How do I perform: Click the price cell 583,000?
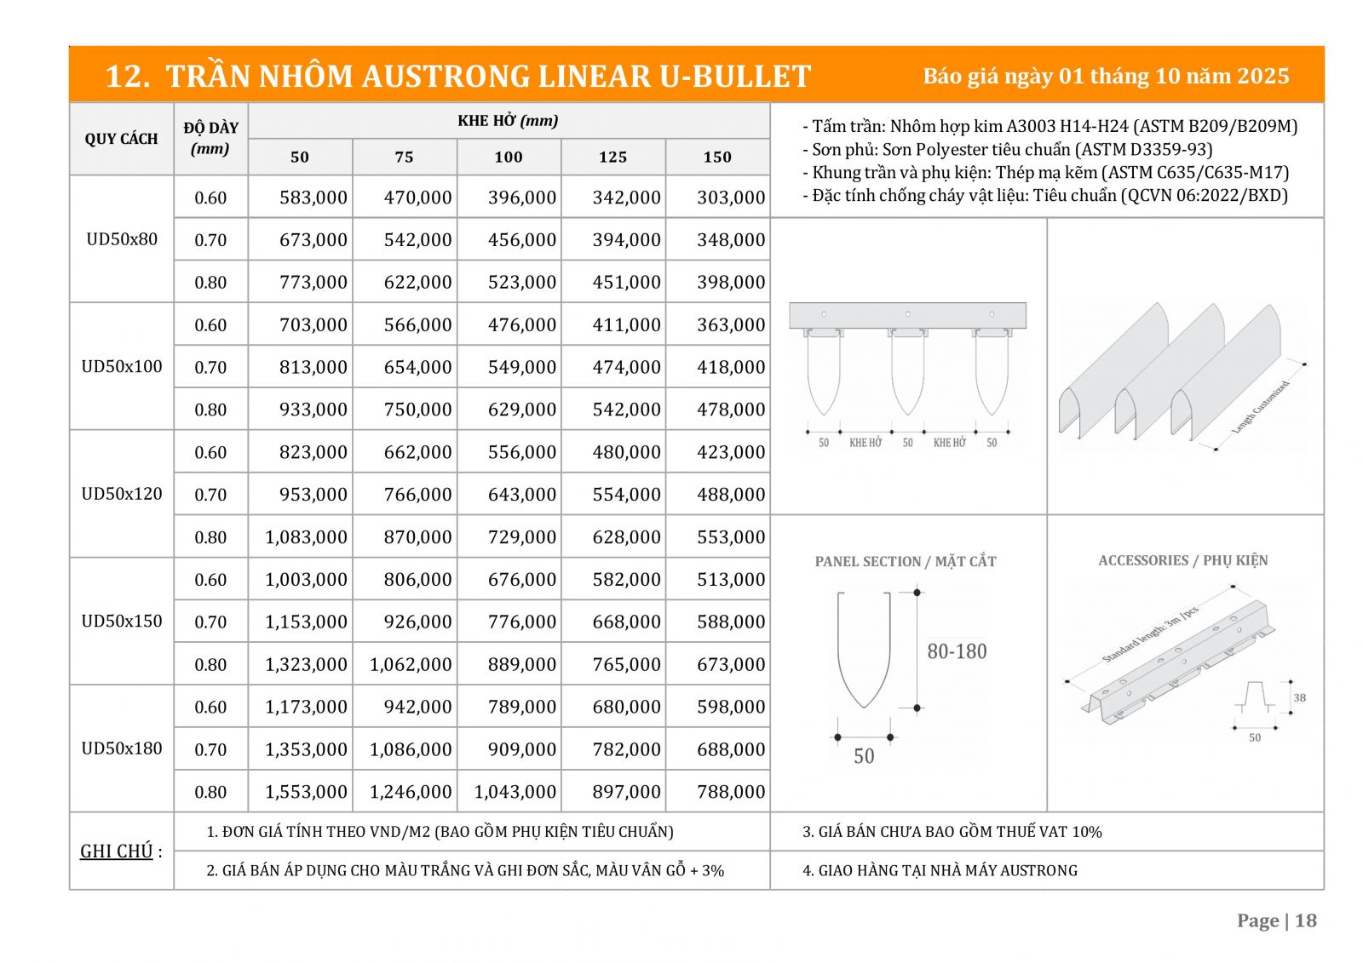click(313, 198)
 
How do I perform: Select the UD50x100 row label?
click(122, 366)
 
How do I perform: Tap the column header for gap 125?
click(612, 157)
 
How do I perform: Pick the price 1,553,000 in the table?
click(306, 792)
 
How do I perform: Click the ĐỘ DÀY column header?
click(210, 138)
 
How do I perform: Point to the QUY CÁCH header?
click(121, 139)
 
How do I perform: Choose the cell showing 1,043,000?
click(515, 792)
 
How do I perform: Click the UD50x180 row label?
click(122, 748)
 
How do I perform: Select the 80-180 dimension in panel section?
click(957, 651)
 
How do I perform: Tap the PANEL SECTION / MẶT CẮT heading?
click(905, 561)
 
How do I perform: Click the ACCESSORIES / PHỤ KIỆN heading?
click(1182, 560)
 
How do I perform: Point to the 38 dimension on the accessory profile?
click(1299, 697)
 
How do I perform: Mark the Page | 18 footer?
click(1276, 920)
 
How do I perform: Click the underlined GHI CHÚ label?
click(117, 851)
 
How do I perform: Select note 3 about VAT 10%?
click(952, 832)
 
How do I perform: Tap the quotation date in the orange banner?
click(1105, 76)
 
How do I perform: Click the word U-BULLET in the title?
click(734, 77)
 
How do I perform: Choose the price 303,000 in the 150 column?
click(730, 198)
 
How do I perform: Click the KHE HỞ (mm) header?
click(508, 121)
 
